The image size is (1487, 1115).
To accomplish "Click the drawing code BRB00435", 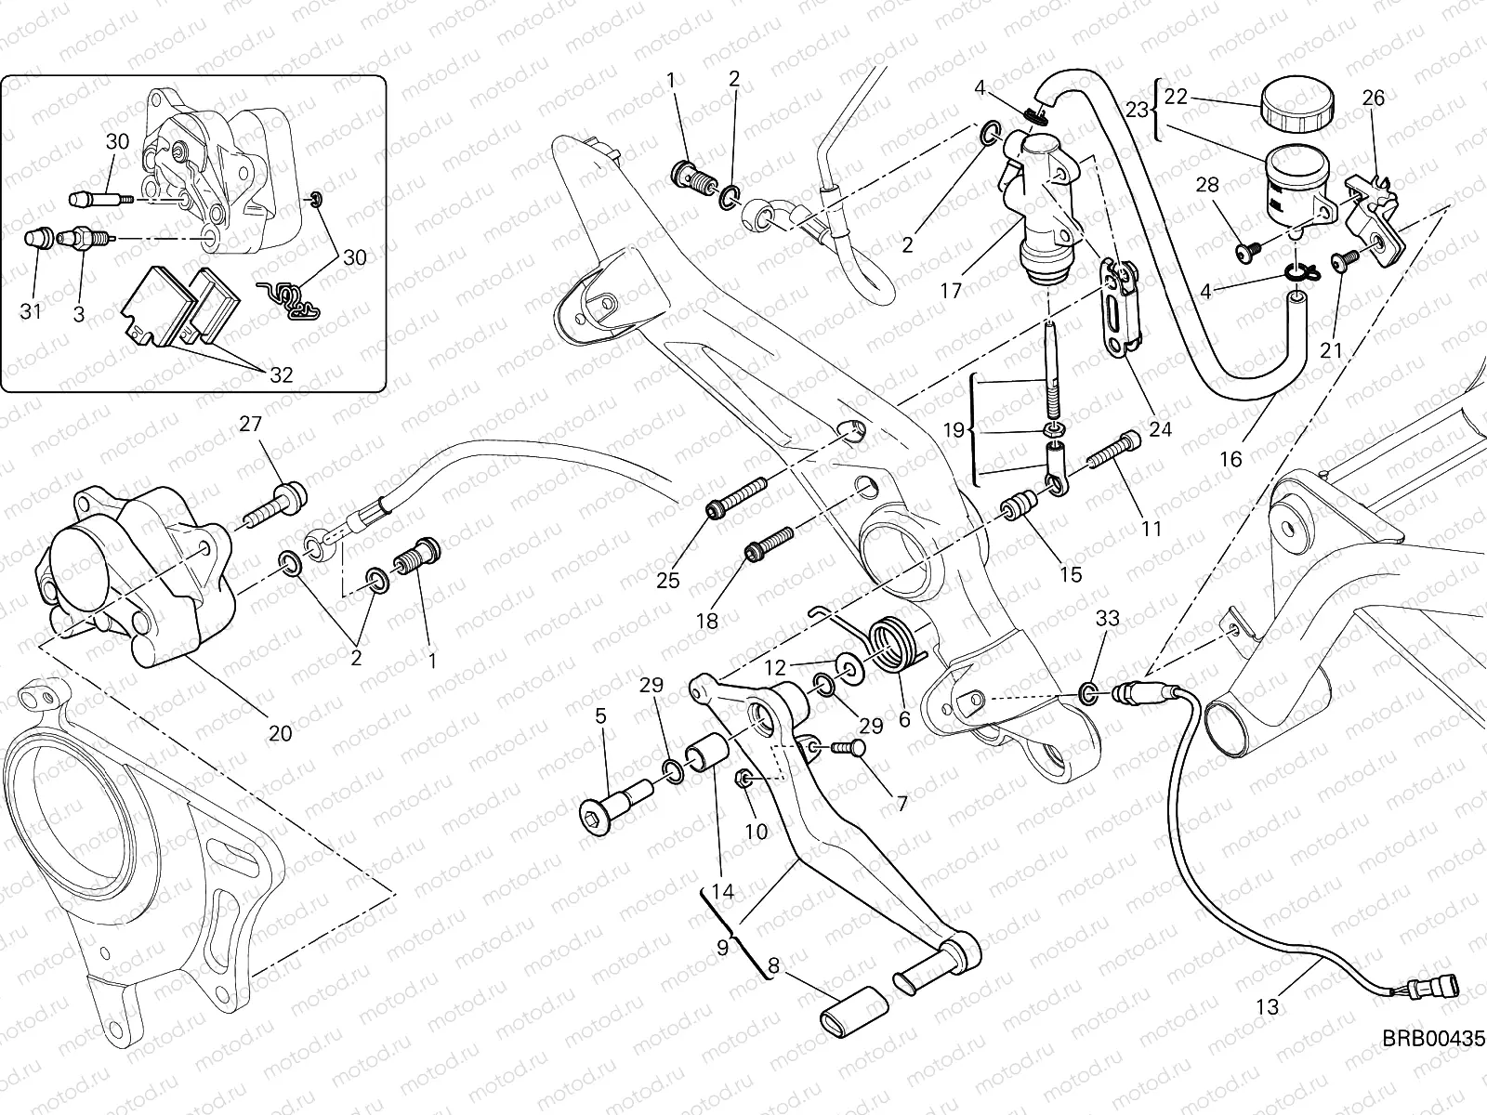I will coord(1433,1040).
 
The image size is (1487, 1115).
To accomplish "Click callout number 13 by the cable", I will coord(1268,1006).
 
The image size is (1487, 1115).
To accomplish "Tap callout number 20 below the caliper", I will coord(280,733).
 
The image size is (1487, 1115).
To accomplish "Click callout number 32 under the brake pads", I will coord(281,375).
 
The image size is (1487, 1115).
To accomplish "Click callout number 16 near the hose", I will coord(1230,459).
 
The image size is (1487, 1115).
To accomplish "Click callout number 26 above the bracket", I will coord(1373,98).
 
